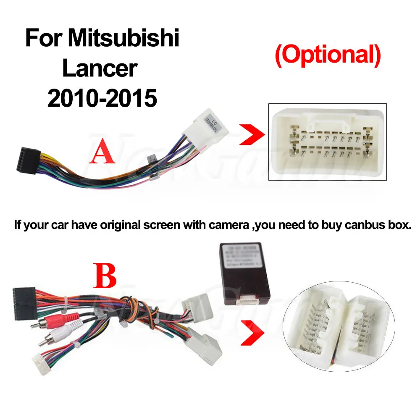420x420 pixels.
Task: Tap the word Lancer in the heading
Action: click(x=100, y=68)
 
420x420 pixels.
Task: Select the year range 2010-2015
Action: click(x=102, y=99)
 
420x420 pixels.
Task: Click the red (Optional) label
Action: click(x=327, y=56)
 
